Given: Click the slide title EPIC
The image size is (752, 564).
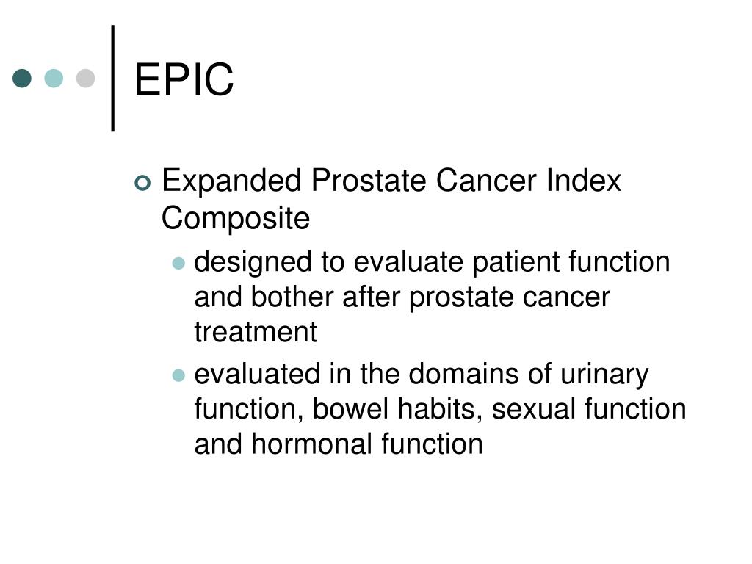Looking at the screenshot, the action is [x=184, y=79].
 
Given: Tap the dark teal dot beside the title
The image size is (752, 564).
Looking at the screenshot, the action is [x=22, y=78].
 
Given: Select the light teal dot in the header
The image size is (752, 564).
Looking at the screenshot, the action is [x=54, y=78].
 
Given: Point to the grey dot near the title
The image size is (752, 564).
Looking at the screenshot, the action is [x=85, y=78].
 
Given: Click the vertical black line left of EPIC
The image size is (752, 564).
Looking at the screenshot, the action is [x=113, y=78].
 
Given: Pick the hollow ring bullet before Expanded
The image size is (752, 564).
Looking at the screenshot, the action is [x=142, y=183].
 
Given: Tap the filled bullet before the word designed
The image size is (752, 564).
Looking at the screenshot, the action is [x=178, y=263].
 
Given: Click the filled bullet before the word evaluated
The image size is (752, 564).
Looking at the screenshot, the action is [x=178, y=375].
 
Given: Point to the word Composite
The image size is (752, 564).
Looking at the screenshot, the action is [x=236, y=219].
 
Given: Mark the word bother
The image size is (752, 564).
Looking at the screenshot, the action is [x=292, y=297].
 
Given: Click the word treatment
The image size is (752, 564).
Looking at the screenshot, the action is [x=256, y=332].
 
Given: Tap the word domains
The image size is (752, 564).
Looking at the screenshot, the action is [x=463, y=374].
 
